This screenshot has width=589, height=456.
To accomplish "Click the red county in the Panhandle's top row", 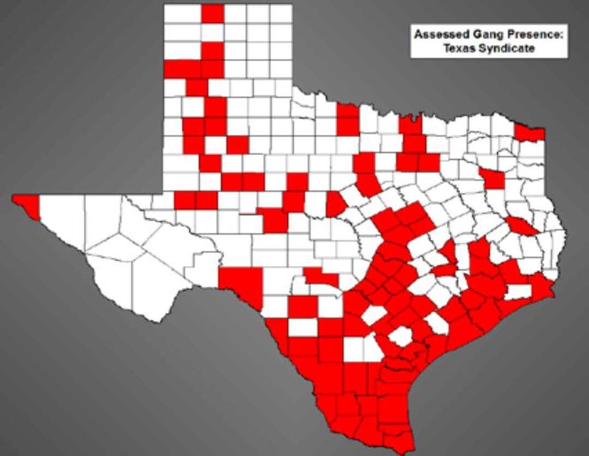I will (213, 14).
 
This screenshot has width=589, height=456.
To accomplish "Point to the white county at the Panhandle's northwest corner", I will (182, 14).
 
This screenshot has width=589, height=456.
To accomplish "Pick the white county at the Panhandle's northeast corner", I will (281, 14).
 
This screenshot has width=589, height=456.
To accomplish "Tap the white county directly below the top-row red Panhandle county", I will (213, 32).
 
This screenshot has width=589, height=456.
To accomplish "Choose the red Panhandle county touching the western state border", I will (182, 69).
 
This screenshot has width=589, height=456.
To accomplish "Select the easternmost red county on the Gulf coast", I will (540, 286).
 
